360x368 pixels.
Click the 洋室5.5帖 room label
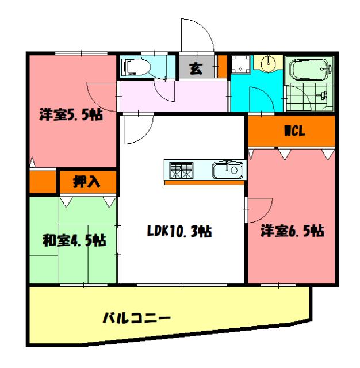click(71, 114)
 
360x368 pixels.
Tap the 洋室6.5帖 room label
click(292, 231)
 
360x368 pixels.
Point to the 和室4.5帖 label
click(74, 239)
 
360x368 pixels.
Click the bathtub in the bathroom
click(309, 71)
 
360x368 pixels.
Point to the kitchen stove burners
click(181, 170)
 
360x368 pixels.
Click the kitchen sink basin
click(227, 170)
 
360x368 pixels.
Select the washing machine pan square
click(240, 66)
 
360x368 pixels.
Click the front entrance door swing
click(199, 34)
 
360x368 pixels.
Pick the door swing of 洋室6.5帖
click(258, 209)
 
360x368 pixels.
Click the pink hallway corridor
click(173, 95)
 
